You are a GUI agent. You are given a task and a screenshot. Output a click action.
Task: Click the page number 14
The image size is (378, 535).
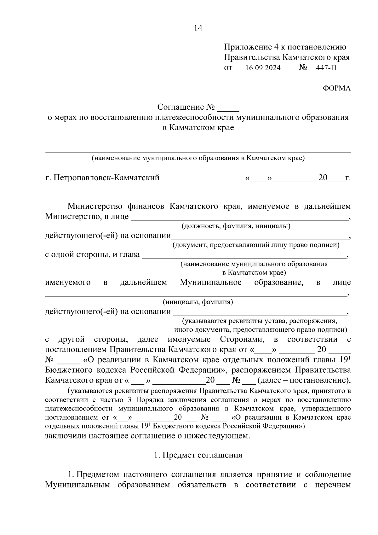click(x=198, y=28)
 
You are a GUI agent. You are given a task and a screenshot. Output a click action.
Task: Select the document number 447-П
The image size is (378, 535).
click(x=326, y=68)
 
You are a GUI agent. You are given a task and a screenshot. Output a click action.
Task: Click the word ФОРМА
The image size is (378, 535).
click(x=336, y=89)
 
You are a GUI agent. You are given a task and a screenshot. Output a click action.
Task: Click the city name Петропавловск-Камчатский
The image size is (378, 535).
click(x=106, y=178)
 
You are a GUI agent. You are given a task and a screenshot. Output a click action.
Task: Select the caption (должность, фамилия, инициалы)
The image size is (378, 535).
click(x=236, y=226)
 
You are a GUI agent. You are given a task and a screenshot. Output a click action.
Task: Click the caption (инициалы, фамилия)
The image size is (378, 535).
click(x=198, y=302)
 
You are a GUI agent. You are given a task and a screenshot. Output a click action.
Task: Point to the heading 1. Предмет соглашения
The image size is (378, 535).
click(x=198, y=455)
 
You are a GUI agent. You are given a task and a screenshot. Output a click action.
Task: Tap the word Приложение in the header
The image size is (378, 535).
click(x=246, y=47)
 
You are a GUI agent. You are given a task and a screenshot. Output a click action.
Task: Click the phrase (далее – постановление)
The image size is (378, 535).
click(x=304, y=380)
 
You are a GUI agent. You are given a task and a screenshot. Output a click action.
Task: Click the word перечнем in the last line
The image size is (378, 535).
click(x=333, y=485)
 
